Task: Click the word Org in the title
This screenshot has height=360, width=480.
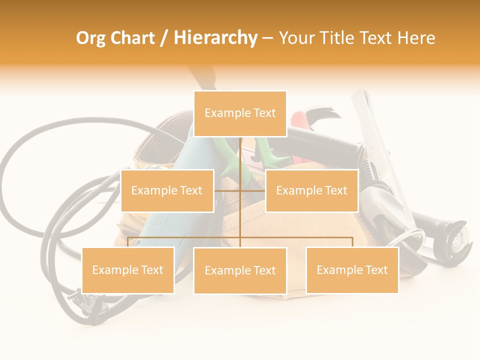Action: point(91,38)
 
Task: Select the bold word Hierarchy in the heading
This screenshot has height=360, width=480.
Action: point(215,38)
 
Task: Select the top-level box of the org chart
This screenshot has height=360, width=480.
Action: point(240,113)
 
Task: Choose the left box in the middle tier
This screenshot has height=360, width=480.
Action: point(167,190)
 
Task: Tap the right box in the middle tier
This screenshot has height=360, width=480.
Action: point(311,190)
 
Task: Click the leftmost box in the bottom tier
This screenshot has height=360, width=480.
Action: point(128,270)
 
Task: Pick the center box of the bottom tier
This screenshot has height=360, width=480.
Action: point(240,270)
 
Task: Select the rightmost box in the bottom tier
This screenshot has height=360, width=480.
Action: point(352,270)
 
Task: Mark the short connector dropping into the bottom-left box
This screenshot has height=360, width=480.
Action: point(128,242)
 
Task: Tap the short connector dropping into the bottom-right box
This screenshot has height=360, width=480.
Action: point(352,242)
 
